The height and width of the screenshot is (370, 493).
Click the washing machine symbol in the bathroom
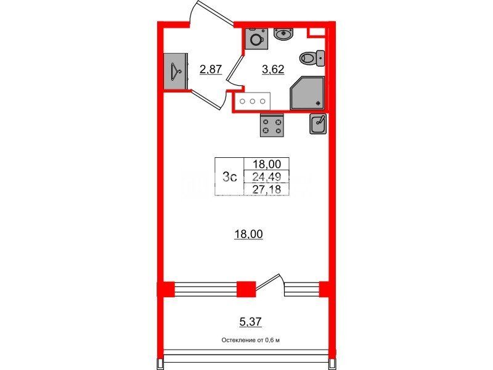coord(256,39)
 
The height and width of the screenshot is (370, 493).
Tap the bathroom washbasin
coord(283,34)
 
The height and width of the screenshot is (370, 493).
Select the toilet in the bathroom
coord(312,58)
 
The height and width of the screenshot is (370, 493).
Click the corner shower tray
coord(308,93)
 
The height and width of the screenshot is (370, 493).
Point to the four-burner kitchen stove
coord(272,125)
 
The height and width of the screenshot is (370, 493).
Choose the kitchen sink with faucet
coord(318,124)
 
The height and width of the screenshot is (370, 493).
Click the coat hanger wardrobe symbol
coord(176,72)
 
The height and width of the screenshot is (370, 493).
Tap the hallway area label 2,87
coord(211,69)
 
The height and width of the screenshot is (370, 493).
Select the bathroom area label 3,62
coord(273,69)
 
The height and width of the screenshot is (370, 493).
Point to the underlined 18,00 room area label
coord(249,234)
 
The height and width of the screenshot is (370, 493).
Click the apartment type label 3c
coord(229,177)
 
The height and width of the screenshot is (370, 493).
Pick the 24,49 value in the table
coord(267,177)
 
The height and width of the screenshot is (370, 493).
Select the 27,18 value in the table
coord(267,189)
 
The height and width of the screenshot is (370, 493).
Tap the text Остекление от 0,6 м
coord(251,340)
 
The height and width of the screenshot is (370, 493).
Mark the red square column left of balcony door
coord(246,289)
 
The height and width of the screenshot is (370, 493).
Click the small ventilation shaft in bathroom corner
coord(316,32)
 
